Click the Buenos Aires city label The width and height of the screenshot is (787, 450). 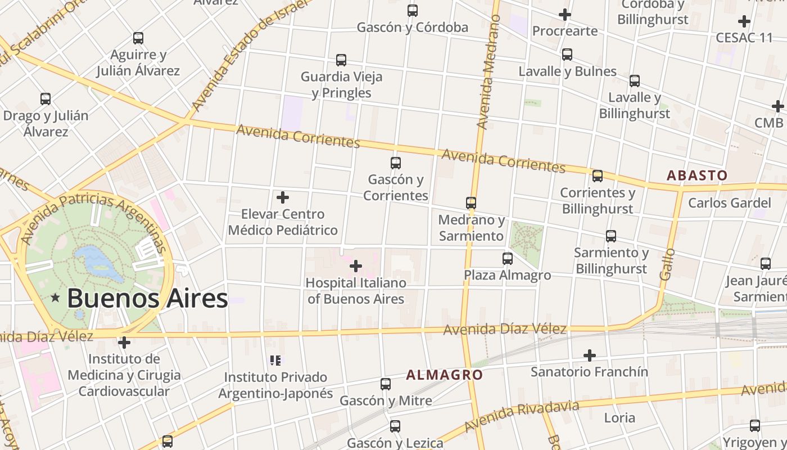147,298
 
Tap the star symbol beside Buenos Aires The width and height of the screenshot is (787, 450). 55,298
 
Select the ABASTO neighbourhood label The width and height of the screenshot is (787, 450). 696,175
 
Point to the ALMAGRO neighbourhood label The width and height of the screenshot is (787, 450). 444,375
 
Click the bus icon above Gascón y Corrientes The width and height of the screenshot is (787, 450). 396,163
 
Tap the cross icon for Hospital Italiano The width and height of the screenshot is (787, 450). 356,265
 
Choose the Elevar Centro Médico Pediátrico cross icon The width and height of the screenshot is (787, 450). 283,197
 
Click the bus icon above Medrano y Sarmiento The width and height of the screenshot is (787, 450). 471,203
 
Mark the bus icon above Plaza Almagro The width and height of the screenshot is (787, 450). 508,259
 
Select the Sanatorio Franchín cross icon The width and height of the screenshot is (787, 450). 589,355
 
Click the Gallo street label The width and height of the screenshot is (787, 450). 667,264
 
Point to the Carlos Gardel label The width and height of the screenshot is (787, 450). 730,202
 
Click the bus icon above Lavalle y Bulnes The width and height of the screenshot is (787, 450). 567,55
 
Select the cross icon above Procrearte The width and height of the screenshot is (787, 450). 565,15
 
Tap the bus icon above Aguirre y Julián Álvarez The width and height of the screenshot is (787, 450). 138,38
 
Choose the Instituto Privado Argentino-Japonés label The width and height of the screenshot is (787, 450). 275,385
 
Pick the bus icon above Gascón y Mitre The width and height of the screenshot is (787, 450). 386,384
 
